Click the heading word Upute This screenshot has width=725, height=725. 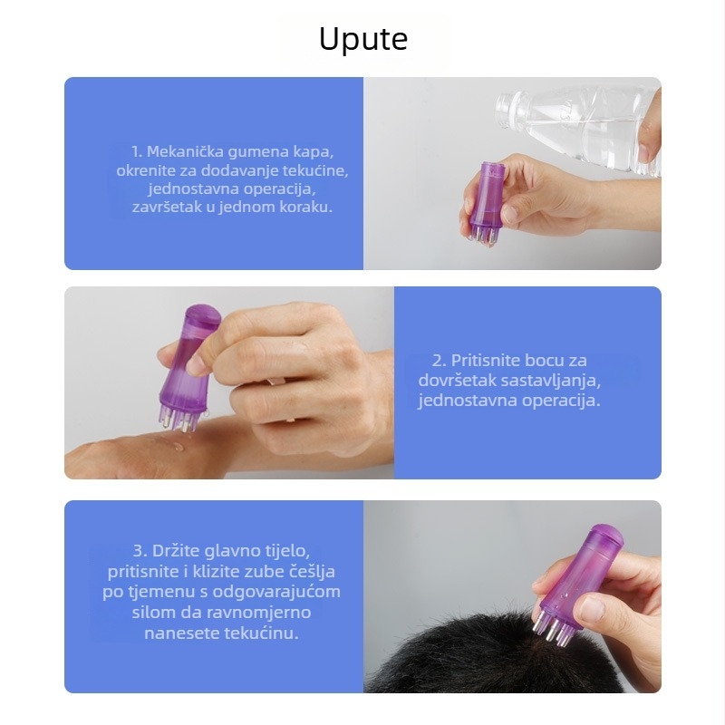tap(363, 39)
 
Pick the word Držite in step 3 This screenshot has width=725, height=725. tap(176, 551)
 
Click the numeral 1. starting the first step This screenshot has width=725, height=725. tap(137, 151)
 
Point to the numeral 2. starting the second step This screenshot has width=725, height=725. tap(440, 360)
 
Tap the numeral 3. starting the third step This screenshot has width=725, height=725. tap(140, 551)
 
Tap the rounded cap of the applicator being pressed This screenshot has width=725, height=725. tap(203, 314)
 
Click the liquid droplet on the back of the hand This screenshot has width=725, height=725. tap(177, 446)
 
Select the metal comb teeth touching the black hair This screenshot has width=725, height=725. tap(550, 629)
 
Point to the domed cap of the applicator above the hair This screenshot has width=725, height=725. tap(606, 533)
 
